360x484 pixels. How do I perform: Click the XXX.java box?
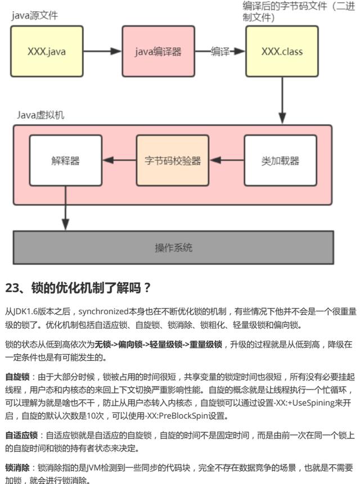[x=46, y=52]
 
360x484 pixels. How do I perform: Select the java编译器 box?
[x=158, y=52]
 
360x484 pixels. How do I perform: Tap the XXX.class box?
[x=282, y=52]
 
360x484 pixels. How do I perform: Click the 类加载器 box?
[x=280, y=161]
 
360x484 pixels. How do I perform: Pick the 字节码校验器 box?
[x=172, y=161]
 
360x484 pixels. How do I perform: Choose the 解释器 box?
[x=65, y=161]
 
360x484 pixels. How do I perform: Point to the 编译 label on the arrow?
[x=220, y=52]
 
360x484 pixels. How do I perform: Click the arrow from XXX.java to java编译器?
[x=103, y=52]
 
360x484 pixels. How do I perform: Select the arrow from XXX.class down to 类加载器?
[x=282, y=101]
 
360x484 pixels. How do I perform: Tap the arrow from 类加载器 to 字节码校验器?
[x=226, y=161]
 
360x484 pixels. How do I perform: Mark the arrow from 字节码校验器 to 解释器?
[x=119, y=161]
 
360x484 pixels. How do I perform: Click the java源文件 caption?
[x=35, y=15]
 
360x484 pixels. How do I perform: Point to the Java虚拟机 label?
[x=40, y=115]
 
